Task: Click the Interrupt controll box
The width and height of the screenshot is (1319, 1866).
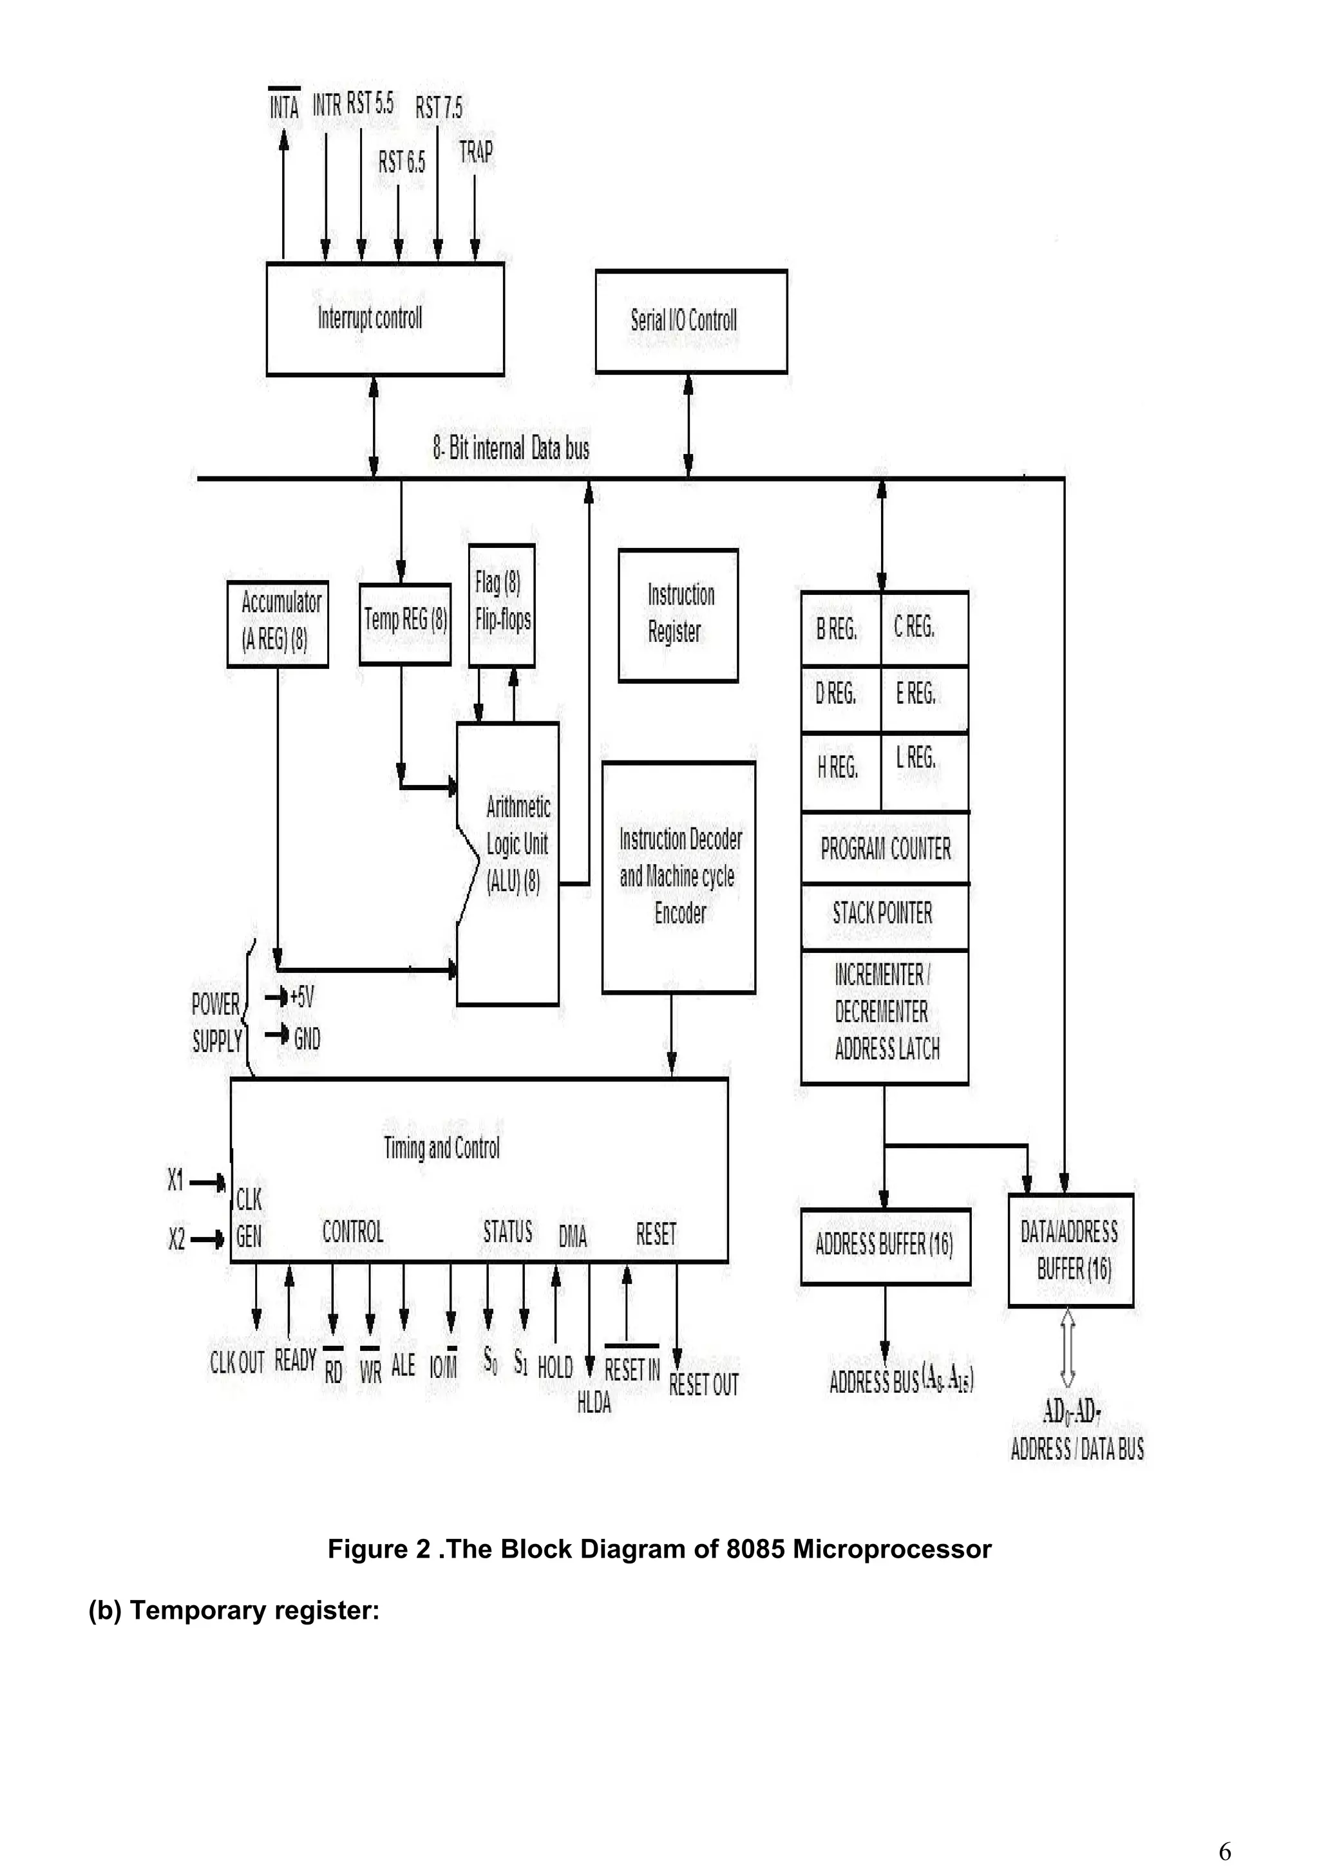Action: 384,319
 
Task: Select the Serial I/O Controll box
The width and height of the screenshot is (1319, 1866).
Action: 691,321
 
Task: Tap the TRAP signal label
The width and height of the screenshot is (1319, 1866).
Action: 475,152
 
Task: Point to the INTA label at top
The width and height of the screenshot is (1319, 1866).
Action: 285,106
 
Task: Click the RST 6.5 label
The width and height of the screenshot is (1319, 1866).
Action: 401,162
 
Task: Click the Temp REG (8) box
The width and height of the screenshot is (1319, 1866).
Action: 404,623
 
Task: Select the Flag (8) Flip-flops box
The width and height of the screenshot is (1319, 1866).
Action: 502,605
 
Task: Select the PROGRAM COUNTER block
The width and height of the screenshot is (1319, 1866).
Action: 885,849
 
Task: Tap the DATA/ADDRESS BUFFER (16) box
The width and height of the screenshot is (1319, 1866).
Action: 1070,1250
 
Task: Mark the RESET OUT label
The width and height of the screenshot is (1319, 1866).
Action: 704,1385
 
